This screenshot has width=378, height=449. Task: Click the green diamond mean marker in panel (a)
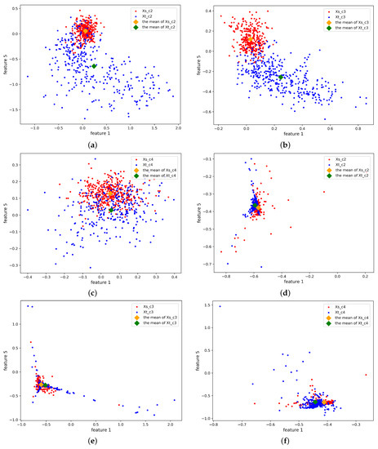tap(94, 66)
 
